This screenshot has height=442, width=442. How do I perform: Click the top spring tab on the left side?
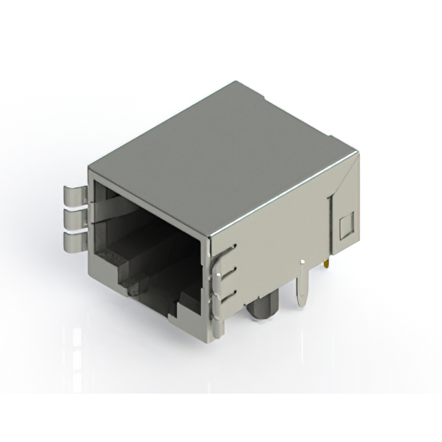(73, 195)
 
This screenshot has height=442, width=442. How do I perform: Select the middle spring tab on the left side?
(73, 219)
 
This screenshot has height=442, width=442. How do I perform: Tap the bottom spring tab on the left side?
(73, 242)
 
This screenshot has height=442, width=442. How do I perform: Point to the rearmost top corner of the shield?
(236, 82)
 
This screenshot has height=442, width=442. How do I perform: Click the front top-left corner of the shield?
(89, 168)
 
